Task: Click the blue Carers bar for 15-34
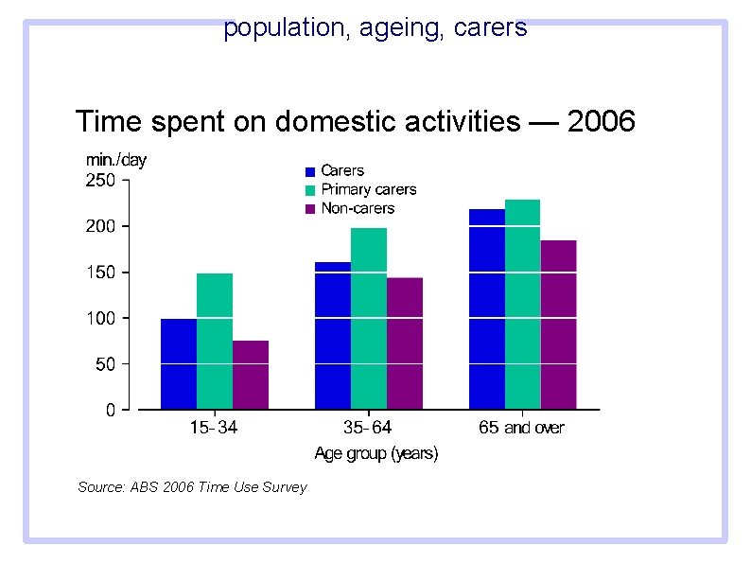179,364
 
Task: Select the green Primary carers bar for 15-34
215,342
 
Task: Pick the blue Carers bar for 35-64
333,336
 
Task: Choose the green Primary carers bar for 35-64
369,319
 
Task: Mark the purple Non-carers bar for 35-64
405,343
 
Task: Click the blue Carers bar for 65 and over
487,309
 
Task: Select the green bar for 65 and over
523,305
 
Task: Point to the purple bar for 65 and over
559,325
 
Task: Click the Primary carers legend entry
368,189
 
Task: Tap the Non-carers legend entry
358,208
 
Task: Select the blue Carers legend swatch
309,172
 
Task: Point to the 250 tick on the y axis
101,180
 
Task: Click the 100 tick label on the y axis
101,319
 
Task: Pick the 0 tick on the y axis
111,411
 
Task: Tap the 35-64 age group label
368,428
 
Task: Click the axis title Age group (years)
375,454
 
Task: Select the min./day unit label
116,160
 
